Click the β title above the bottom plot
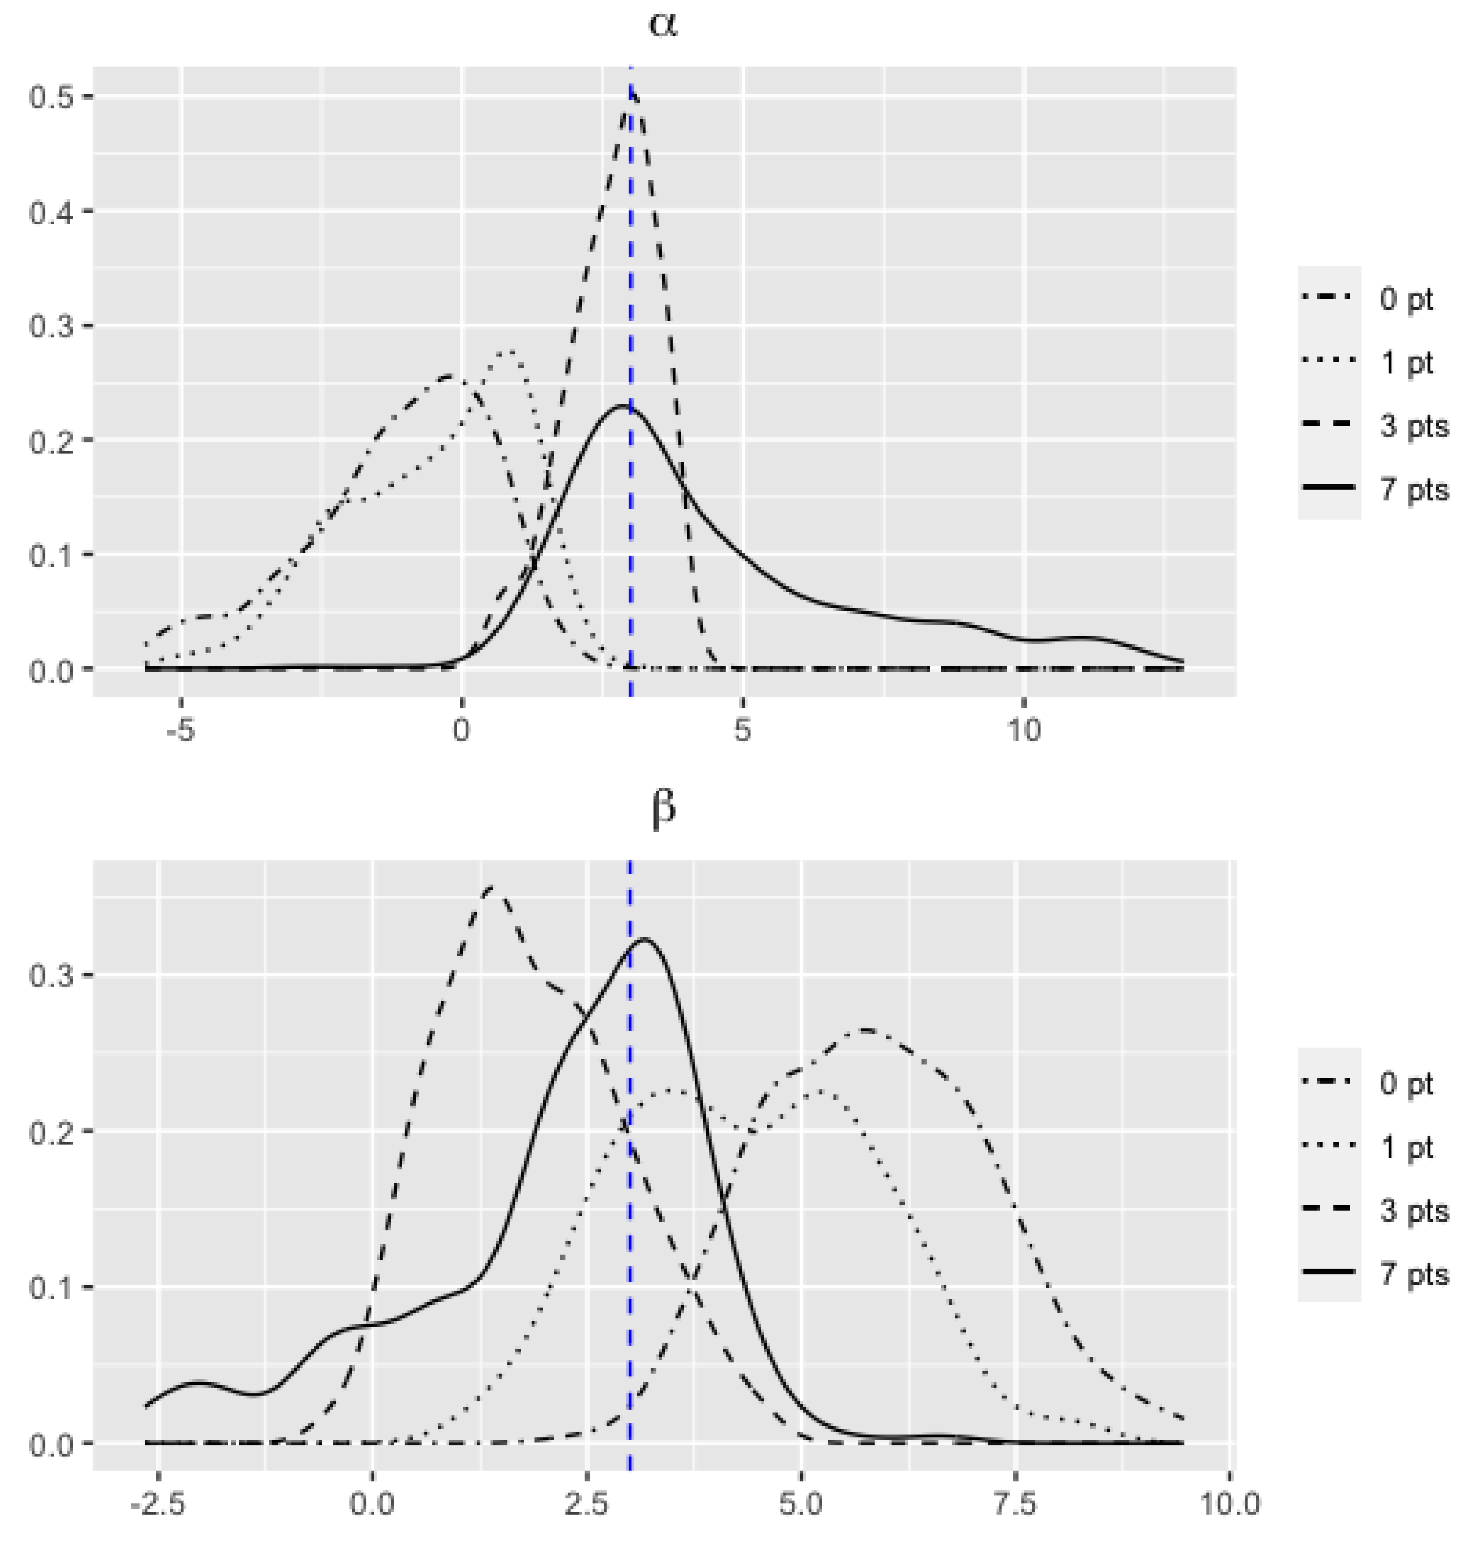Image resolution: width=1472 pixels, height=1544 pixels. tap(663, 809)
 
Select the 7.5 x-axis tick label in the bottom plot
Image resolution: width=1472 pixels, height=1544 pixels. tap(1015, 1504)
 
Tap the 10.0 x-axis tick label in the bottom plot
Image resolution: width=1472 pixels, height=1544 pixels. tap(1229, 1504)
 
